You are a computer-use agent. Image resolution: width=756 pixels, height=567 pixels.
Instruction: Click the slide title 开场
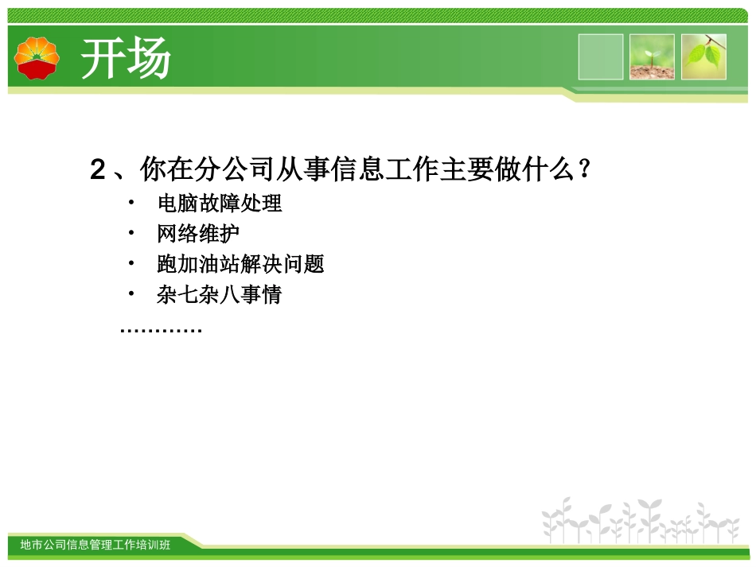click(127, 60)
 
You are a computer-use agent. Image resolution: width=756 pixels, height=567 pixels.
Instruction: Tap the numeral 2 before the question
click(98, 169)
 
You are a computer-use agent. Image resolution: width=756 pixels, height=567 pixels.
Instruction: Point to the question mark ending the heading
click(584, 169)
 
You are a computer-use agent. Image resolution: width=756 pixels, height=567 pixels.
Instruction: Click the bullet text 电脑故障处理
click(220, 204)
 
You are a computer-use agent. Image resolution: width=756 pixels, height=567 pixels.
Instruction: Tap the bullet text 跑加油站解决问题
click(240, 265)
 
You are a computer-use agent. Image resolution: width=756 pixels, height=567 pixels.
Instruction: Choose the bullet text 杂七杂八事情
click(220, 296)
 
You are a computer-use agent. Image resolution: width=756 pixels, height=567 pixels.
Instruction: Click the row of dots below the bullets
click(161, 328)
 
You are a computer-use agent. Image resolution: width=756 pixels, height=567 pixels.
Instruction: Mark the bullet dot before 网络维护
click(132, 233)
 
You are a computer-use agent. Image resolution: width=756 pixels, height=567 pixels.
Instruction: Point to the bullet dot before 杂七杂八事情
click(132, 294)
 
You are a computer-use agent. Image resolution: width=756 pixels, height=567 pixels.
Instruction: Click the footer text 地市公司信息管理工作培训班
click(95, 545)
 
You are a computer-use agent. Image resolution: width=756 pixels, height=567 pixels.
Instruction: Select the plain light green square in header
click(601, 56)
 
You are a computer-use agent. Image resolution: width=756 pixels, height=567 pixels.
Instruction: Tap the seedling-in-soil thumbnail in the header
click(652, 56)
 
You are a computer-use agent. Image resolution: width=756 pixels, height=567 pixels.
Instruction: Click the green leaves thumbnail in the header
click(703, 56)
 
